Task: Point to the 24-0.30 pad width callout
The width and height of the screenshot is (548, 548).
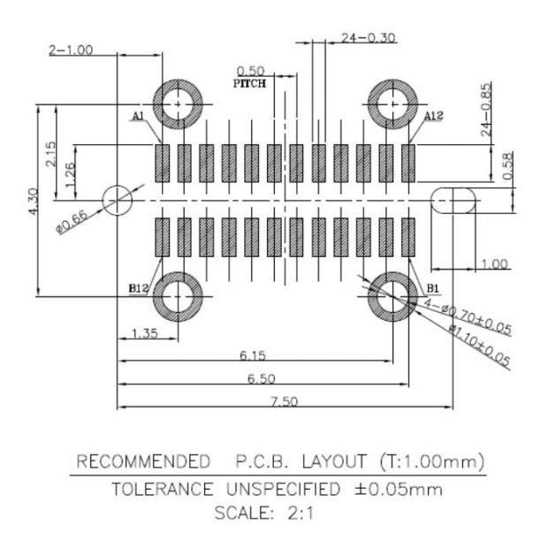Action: click(x=356, y=38)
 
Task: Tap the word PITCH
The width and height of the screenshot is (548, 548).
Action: click(x=251, y=83)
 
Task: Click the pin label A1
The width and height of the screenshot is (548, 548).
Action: click(x=139, y=117)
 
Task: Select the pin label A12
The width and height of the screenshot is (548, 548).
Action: click(x=433, y=117)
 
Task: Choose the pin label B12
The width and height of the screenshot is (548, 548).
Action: click(x=139, y=288)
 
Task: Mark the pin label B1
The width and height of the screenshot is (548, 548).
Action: click(x=432, y=288)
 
